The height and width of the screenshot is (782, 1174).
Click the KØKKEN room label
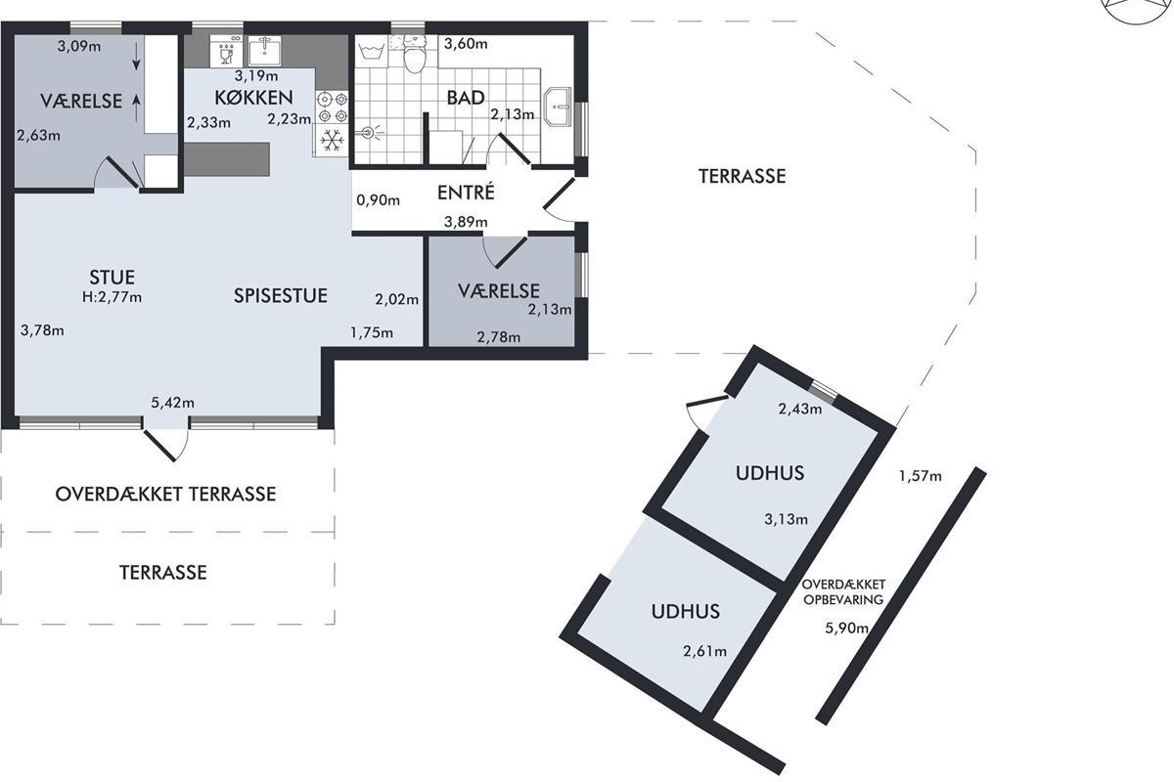(253, 98)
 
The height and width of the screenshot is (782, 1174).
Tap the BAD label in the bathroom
(466, 98)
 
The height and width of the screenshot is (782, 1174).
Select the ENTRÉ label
(466, 193)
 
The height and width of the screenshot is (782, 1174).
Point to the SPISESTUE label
(281, 296)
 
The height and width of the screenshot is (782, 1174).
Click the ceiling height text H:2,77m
(112, 297)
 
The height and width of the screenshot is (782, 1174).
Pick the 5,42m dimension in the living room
(172, 403)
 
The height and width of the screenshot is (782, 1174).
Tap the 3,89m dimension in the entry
(466, 222)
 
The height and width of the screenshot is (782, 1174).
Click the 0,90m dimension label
(378, 200)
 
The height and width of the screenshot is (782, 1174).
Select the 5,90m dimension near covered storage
(847, 628)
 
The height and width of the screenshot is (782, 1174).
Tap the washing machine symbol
(372, 52)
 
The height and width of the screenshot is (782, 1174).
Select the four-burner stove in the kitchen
(333, 107)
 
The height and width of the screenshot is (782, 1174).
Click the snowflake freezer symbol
(332, 141)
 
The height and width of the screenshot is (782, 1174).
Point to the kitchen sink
(265, 51)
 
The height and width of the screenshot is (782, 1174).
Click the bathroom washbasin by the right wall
(558, 107)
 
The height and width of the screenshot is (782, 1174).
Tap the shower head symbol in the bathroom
(369, 133)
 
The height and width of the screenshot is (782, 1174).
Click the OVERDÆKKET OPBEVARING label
(843, 591)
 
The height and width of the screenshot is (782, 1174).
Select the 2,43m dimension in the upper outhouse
(800, 409)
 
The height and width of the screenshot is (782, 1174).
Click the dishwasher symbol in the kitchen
(226, 51)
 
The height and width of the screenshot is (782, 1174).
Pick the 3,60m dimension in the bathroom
(466, 43)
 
